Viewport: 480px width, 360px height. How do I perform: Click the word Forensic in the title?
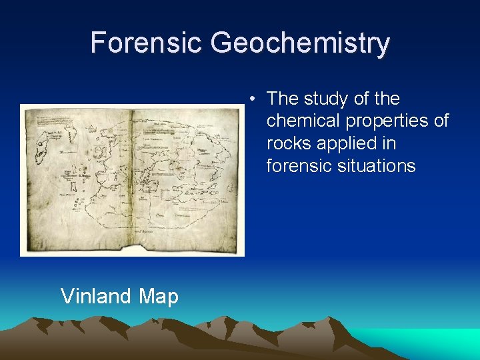[147, 43]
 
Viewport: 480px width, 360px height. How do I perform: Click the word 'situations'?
[379, 165]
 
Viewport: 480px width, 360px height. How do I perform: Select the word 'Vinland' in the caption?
[97, 295]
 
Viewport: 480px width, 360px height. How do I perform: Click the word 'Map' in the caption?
[159, 296]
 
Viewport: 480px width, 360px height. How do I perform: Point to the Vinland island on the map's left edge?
[45, 150]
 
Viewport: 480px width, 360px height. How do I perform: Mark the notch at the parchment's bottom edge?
[141, 249]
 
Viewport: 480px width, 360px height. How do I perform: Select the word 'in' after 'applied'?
[406, 143]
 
